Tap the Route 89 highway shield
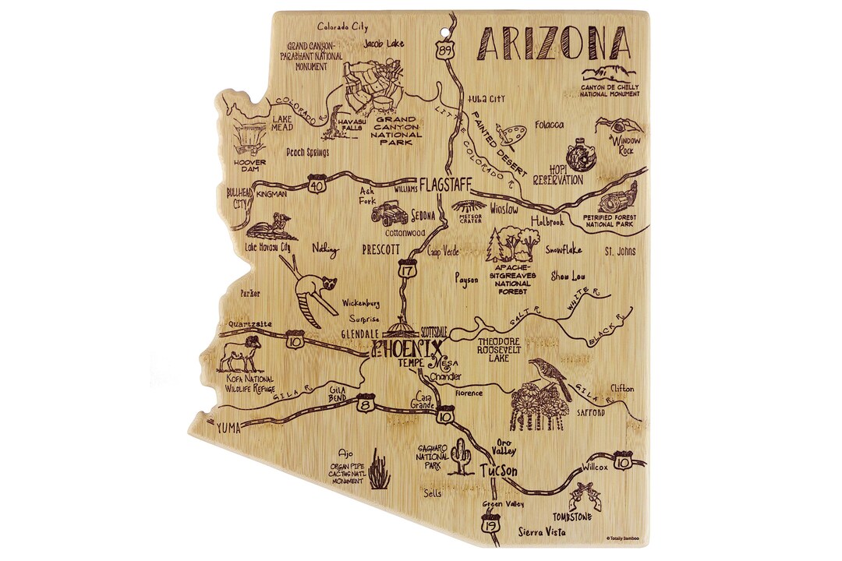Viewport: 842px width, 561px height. [444, 49]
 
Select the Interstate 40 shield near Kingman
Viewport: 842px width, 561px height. [316, 185]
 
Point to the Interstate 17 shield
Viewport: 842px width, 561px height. [405, 270]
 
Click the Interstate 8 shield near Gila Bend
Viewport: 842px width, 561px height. [364, 404]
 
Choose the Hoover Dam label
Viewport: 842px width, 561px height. [249, 168]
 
